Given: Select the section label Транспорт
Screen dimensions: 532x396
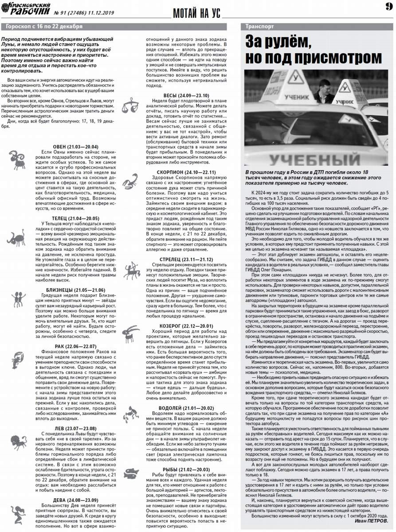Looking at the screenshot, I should click(x=260, y=27).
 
